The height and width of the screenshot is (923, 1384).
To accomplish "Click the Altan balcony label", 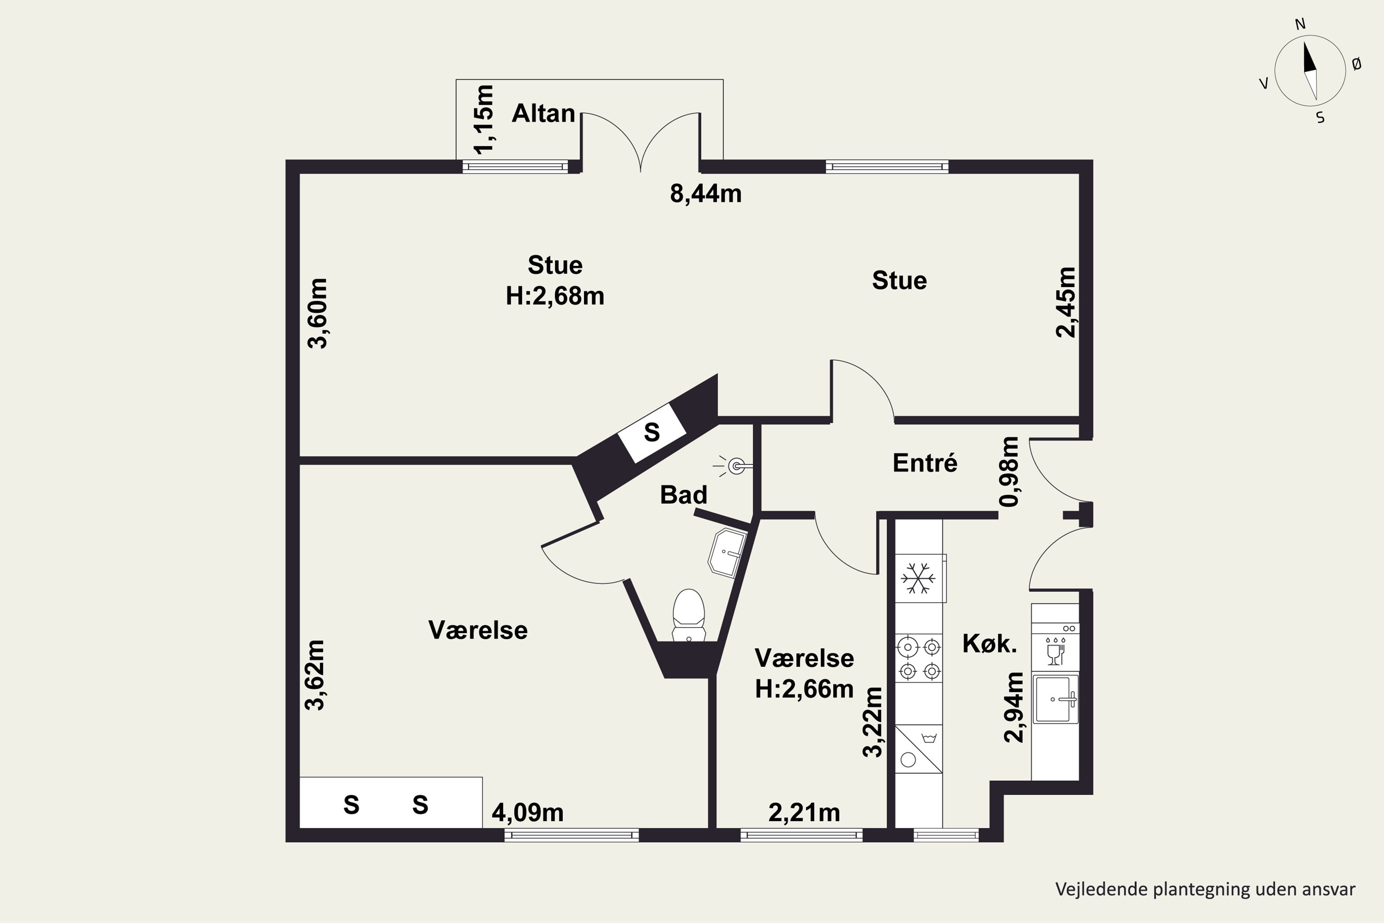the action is (x=543, y=113).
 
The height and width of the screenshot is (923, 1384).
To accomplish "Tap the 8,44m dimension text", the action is (x=705, y=194).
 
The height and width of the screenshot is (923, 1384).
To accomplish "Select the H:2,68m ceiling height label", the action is (x=555, y=296).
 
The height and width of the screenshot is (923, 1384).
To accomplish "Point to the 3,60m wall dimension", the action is (x=318, y=313).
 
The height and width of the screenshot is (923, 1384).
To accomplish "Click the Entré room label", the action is (x=925, y=463).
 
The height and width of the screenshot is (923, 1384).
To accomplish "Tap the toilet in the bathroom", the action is (x=688, y=615).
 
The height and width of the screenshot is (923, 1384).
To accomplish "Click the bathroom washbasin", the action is (x=728, y=552).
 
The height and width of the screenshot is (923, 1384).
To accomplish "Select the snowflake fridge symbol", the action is (x=919, y=578).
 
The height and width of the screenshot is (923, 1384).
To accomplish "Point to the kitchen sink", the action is (x=1056, y=699).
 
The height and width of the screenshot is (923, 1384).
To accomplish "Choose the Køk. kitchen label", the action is (x=990, y=644).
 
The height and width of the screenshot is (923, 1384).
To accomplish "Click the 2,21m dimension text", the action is (x=804, y=813).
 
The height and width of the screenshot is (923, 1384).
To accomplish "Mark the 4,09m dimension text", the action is (x=527, y=813).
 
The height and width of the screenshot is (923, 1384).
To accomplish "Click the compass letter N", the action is (x=1300, y=24).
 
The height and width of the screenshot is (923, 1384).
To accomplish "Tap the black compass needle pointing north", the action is (x=1309, y=57).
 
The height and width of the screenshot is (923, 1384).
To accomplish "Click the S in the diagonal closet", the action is (x=652, y=433).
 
